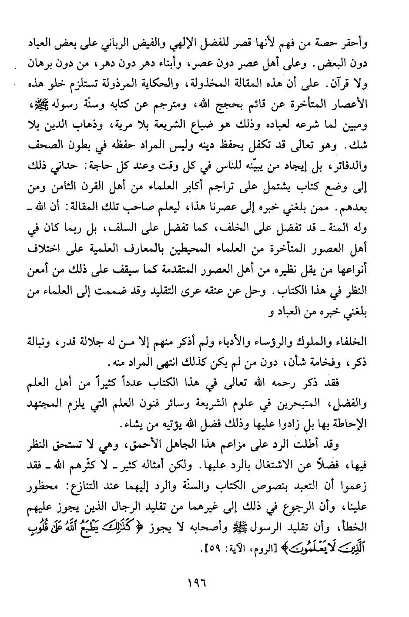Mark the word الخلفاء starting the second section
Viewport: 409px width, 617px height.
point(352,341)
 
